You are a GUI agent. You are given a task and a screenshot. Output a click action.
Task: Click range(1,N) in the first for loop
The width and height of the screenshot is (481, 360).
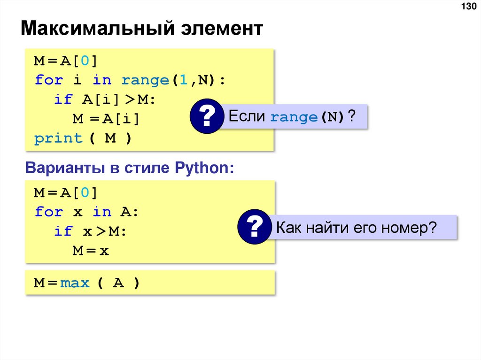(169, 80)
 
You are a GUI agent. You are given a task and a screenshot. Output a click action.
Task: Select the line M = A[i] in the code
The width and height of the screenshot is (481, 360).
(106, 119)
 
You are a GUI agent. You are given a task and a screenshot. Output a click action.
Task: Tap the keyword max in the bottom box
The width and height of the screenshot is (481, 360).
(75, 283)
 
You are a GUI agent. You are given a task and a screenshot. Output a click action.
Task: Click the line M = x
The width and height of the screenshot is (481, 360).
(91, 251)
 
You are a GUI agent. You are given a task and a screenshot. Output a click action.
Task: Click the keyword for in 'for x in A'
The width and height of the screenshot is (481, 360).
(49, 212)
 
